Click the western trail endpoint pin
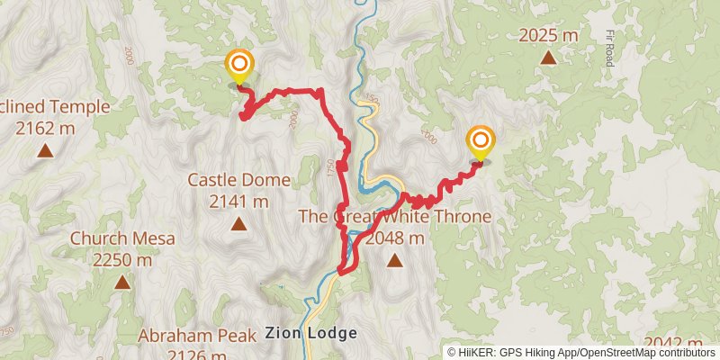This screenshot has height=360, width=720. pyautogui.click(x=239, y=66)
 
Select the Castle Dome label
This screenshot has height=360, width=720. pyautogui.click(x=238, y=180)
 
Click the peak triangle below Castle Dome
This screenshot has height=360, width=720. pyautogui.click(x=238, y=223)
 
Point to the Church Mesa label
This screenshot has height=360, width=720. pyautogui.click(x=121, y=239)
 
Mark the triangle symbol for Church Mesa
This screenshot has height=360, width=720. pyautogui.click(x=121, y=283)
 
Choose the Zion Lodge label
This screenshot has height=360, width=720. pyautogui.click(x=310, y=333)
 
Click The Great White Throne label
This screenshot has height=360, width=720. pyautogui.click(x=394, y=217)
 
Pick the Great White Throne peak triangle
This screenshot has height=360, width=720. pyautogui.click(x=394, y=261)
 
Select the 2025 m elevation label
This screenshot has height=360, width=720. pyautogui.click(x=547, y=36)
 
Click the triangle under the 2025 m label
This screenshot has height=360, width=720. pyautogui.click(x=547, y=58)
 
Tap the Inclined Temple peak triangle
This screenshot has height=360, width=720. pyautogui.click(x=44, y=150)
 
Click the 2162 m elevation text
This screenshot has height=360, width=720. pyautogui.click(x=45, y=129)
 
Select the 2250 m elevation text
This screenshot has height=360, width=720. pyautogui.click(x=121, y=261)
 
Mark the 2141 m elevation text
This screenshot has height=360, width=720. pyautogui.click(x=238, y=202)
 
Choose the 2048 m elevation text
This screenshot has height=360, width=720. pyautogui.click(x=394, y=238)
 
